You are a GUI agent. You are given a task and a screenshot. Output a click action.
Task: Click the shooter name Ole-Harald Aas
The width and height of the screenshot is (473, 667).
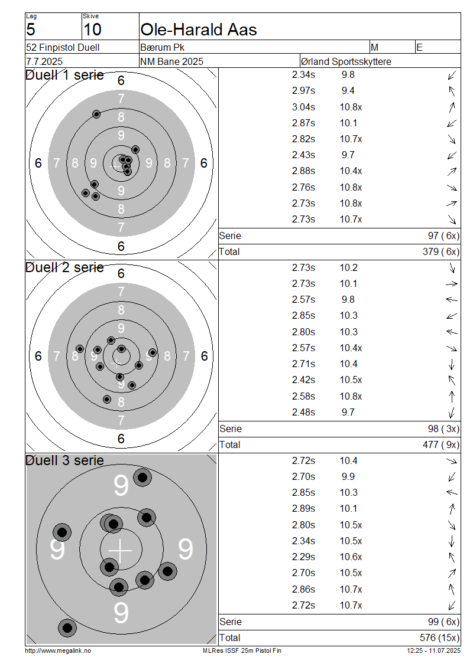pyautogui.click(x=199, y=30)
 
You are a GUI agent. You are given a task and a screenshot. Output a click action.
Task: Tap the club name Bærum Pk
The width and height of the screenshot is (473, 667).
pyautogui.click(x=163, y=47)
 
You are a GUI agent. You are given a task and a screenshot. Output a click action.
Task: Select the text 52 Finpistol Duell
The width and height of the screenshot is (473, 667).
pyautogui.click(x=63, y=47)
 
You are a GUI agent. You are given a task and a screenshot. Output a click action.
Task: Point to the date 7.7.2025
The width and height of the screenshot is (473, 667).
pyautogui.click(x=44, y=61)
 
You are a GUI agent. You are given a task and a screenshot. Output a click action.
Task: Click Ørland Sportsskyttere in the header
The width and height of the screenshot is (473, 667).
pyautogui.click(x=346, y=61)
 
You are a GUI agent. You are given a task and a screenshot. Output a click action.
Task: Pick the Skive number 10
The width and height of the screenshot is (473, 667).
pyautogui.click(x=92, y=30)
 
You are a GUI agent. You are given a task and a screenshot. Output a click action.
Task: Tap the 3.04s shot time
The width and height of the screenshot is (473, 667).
pyautogui.click(x=303, y=107)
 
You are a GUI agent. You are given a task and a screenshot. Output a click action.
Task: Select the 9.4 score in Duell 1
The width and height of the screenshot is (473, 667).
pyautogui.click(x=348, y=91)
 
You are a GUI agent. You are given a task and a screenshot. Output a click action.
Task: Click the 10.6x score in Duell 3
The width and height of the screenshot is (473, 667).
pyautogui.click(x=351, y=557)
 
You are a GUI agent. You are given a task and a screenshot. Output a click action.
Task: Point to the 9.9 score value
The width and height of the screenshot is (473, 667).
pyautogui.click(x=348, y=476)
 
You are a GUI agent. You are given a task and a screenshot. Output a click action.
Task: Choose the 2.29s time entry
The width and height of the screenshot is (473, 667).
pyautogui.click(x=303, y=557)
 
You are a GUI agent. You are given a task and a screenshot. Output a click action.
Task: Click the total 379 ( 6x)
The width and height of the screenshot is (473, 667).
pyautogui.click(x=441, y=252)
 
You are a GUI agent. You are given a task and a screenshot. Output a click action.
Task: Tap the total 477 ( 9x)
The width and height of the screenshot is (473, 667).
pyautogui.click(x=441, y=444)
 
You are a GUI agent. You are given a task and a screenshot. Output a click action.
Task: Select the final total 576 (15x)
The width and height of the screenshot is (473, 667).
pyautogui.click(x=440, y=637)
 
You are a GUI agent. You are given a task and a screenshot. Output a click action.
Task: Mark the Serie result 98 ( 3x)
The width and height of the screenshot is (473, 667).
pyautogui.click(x=443, y=429)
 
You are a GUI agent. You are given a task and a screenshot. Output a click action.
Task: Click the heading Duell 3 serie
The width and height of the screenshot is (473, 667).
pyautogui.click(x=65, y=460)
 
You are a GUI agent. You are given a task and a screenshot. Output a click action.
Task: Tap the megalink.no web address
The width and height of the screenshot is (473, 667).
pyautogui.click(x=58, y=650)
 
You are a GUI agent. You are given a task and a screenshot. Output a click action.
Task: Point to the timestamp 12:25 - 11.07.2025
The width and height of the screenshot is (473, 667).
pyautogui.click(x=433, y=650)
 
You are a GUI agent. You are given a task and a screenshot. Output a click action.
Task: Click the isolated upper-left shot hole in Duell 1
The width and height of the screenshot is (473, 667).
pyautogui.click(x=96, y=114)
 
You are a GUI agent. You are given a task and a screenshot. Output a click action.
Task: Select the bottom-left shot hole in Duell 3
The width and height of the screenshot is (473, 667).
pyautogui.click(x=67, y=627)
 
